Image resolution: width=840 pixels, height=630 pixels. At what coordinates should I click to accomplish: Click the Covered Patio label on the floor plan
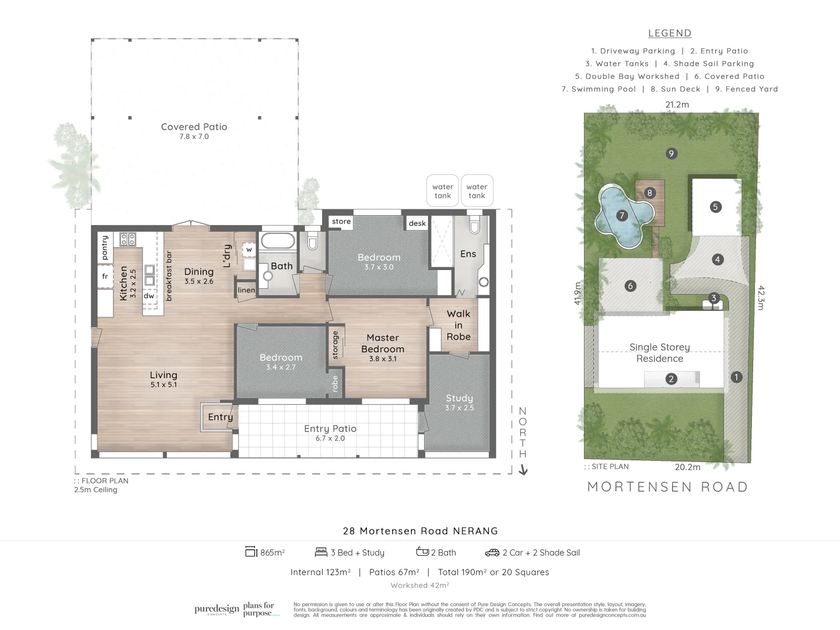pos(194,127)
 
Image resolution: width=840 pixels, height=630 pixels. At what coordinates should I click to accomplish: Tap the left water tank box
pos(443,191)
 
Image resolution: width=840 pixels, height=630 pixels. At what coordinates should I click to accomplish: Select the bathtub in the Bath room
pos(277,240)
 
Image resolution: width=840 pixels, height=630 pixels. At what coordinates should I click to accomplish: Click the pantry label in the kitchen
pos(105,247)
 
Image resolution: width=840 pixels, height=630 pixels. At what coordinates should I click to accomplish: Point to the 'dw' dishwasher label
pos(149,296)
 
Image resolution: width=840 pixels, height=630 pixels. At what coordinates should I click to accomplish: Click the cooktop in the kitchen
pos(128,239)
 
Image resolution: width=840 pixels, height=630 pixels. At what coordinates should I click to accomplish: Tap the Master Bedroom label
pos(383,343)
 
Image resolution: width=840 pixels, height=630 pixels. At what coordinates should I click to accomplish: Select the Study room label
pos(459,398)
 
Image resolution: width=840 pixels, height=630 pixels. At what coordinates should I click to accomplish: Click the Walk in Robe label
pos(459,325)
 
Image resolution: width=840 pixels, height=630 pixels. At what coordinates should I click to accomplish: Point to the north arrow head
pos(523,470)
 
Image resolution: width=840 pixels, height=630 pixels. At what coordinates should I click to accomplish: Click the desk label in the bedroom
pos(417,223)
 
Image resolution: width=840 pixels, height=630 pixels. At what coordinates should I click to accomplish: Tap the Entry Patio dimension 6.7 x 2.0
pos(330,439)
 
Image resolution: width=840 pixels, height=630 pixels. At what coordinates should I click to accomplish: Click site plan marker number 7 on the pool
pos(622,216)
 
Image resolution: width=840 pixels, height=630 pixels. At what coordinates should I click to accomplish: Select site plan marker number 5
pos(715,206)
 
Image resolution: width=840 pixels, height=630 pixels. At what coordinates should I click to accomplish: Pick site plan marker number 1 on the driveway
pos(736,377)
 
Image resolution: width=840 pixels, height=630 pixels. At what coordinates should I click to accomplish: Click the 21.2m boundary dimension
pos(677,105)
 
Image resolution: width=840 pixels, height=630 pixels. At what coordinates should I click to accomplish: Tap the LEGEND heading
pos(670,34)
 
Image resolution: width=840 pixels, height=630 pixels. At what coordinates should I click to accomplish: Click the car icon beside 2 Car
pos(492,552)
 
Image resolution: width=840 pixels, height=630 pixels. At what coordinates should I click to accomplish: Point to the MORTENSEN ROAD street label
pos(668,487)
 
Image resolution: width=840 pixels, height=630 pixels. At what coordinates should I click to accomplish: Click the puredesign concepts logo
pos(216,610)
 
